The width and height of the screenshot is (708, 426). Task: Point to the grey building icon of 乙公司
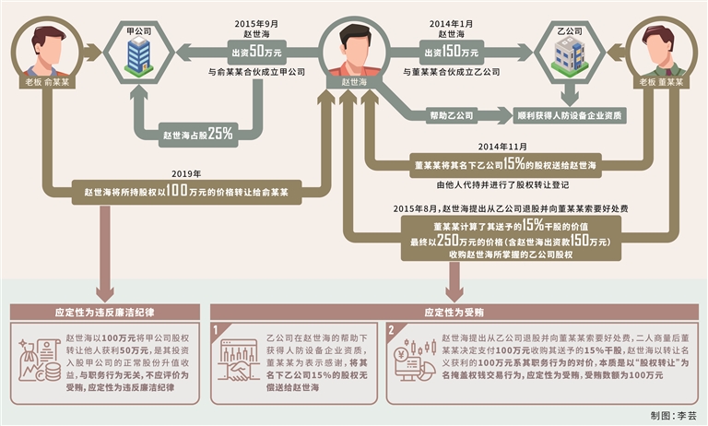(566, 55)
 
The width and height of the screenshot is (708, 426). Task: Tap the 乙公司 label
(566, 30)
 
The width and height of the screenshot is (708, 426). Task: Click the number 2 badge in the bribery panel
(392, 329)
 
